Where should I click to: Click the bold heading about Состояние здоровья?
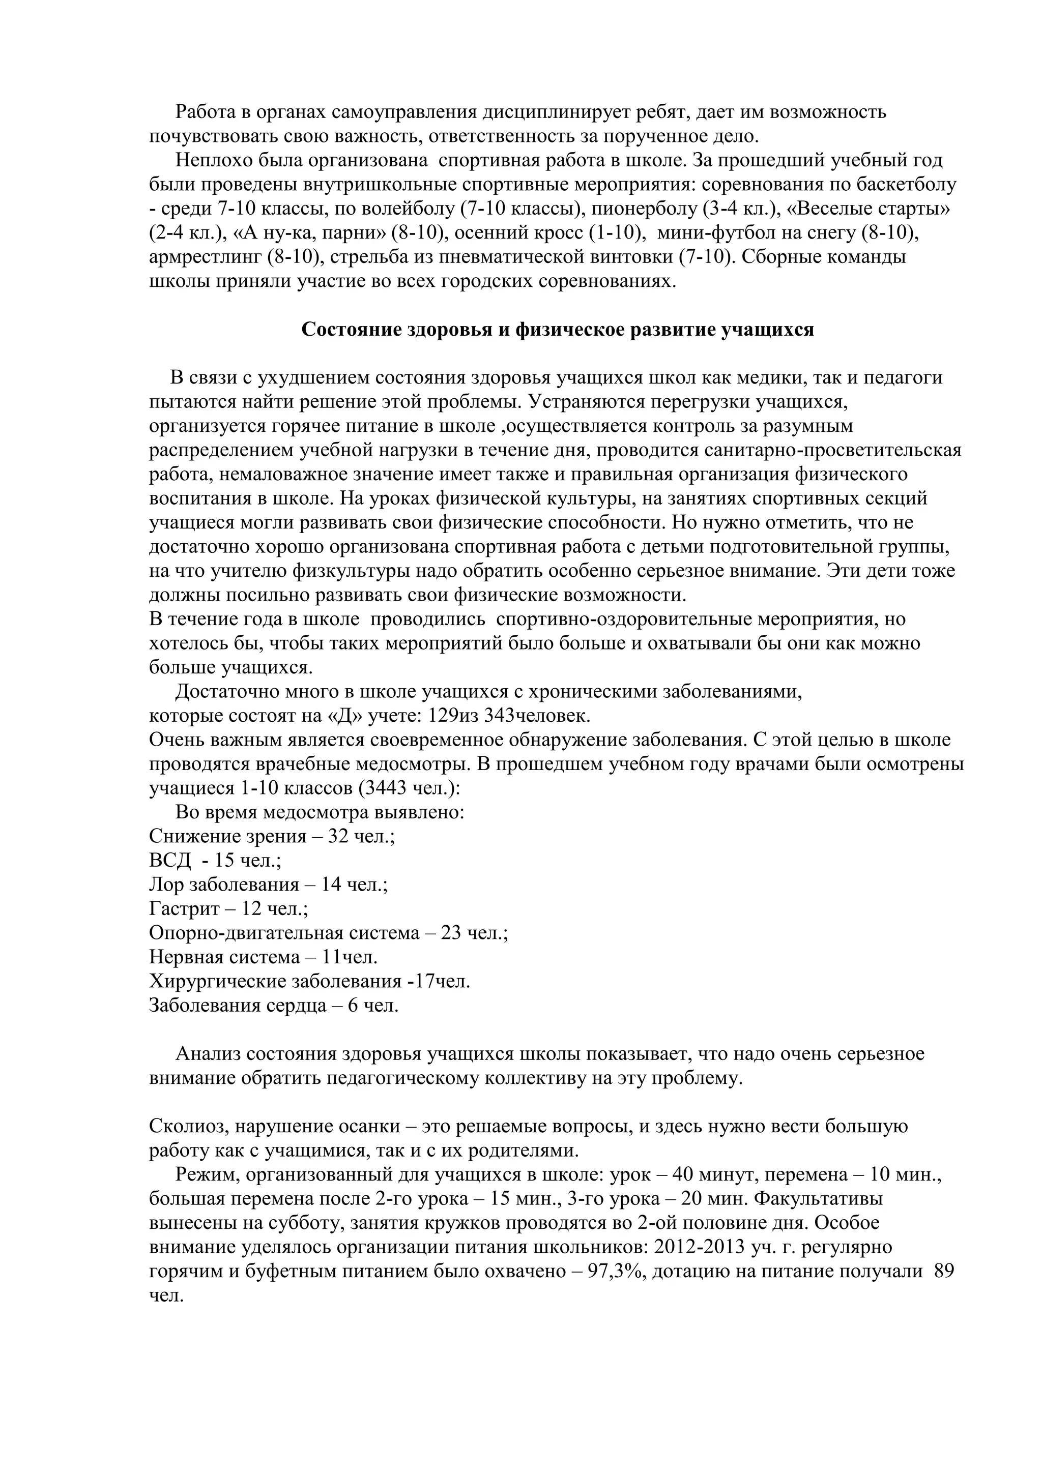coord(558,330)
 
